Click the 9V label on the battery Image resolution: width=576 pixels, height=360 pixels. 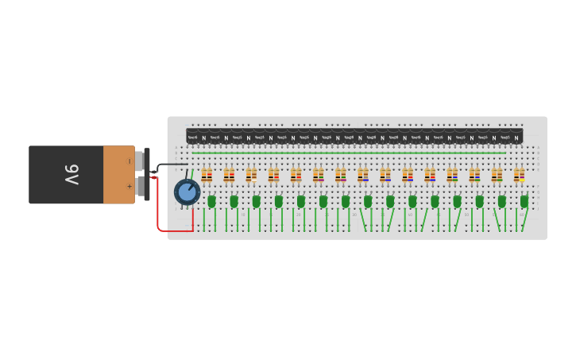pos(72,175)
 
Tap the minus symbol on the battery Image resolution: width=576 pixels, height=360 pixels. pos(130,161)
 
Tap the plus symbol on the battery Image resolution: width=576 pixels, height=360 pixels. pos(130,187)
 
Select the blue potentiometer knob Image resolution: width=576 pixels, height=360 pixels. pos(187,192)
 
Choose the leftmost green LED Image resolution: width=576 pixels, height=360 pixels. pos(211,202)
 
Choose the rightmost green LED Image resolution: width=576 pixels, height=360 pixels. pos(524,202)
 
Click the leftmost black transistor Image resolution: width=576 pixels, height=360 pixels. pos(193,137)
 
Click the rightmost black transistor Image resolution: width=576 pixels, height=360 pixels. pos(516,137)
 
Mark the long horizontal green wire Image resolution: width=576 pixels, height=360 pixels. pos(350,153)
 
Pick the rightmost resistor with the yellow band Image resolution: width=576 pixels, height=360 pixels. pos(519,176)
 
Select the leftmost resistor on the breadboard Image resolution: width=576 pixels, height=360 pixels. pos(207,176)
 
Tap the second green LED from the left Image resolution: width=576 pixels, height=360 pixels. pos(234,202)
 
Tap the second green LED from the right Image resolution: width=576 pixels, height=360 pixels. pos(502,202)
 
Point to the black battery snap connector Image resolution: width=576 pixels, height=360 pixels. pos(147,174)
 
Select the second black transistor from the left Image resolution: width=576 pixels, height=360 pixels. pos(215,137)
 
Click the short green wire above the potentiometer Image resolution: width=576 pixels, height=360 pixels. pos(191,173)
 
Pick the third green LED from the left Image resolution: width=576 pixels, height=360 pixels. pos(256,202)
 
